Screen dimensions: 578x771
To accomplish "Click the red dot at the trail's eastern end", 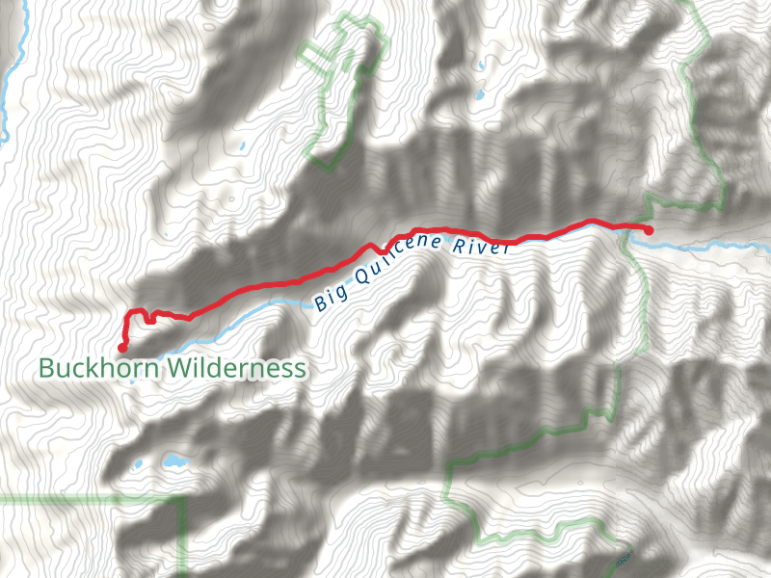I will [649, 230].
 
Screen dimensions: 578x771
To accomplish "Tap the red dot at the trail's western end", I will [122, 348].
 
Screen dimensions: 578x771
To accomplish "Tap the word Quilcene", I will [397, 258].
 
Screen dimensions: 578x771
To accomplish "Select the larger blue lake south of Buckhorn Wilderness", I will [174, 460].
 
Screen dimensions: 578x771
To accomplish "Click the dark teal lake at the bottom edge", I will [622, 560].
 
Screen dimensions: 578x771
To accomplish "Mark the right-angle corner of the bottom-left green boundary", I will [183, 499].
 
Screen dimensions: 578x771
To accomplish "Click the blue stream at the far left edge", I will [5, 96].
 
